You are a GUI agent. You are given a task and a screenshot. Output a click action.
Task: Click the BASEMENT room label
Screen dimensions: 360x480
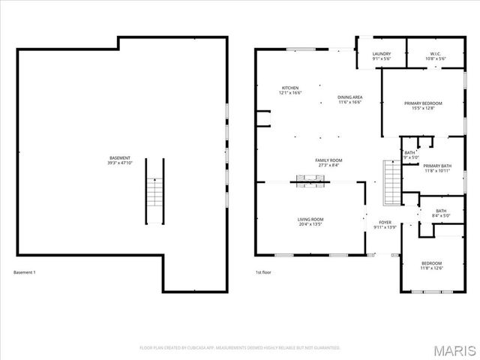120,147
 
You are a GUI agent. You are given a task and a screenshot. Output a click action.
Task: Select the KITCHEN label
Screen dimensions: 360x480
290,88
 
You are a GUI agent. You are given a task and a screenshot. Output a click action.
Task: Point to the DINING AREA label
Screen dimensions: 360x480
349,97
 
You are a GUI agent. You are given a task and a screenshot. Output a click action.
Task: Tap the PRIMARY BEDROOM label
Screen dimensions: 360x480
423,103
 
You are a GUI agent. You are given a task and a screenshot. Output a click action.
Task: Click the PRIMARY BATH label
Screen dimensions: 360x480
436,166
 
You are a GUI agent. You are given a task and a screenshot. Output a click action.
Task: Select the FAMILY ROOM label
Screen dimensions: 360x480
328,160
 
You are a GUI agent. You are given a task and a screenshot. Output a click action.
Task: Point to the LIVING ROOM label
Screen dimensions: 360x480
310,219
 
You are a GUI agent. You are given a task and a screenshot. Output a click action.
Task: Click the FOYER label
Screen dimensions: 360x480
385,222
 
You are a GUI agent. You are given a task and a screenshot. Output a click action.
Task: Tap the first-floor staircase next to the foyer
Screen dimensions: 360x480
391,181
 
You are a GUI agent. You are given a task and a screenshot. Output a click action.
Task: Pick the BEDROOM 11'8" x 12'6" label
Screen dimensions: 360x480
431,263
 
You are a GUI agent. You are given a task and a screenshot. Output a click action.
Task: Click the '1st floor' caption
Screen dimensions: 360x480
263,272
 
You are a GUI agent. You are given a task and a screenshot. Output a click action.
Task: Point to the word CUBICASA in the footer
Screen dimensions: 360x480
196,348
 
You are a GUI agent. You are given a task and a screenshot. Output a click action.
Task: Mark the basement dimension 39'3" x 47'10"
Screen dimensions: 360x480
120,152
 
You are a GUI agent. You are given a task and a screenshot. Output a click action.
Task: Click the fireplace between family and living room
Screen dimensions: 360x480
308,179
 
